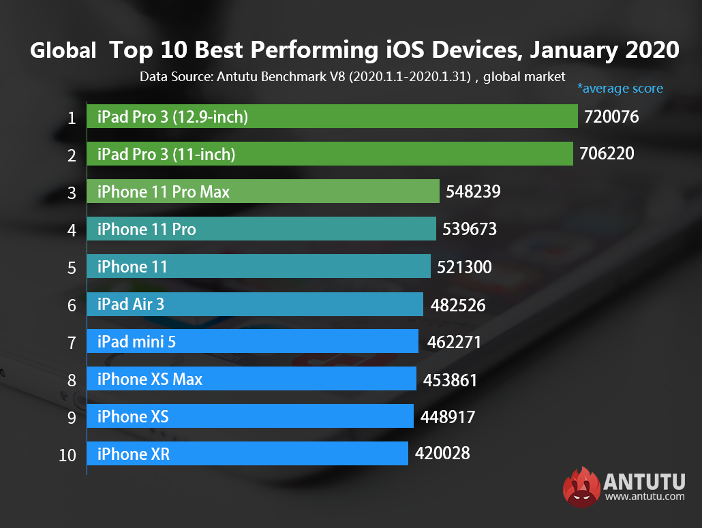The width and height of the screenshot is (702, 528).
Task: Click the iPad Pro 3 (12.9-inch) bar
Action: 333,117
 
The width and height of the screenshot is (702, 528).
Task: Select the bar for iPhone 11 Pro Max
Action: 263,191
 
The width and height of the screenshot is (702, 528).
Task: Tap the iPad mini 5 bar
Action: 252,341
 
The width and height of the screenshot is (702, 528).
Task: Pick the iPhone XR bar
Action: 247,454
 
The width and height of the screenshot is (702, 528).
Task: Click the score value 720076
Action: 611,117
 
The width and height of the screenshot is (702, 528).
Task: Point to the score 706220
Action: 607,154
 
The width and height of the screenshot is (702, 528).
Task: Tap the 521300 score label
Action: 464,266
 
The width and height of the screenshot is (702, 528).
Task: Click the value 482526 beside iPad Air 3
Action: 458,305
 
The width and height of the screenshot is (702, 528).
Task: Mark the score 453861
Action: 450,379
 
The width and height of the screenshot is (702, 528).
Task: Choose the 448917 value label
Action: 447,416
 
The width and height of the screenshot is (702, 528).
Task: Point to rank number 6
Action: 72,305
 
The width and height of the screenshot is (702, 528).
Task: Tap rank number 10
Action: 67,455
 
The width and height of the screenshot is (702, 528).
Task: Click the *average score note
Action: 620,88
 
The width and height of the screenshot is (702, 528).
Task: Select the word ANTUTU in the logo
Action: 644,482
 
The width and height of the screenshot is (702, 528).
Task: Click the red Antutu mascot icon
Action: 581,486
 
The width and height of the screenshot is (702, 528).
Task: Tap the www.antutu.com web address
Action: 644,497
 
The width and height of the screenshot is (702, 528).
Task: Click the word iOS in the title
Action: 406,50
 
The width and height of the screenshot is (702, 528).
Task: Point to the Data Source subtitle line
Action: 352,76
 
